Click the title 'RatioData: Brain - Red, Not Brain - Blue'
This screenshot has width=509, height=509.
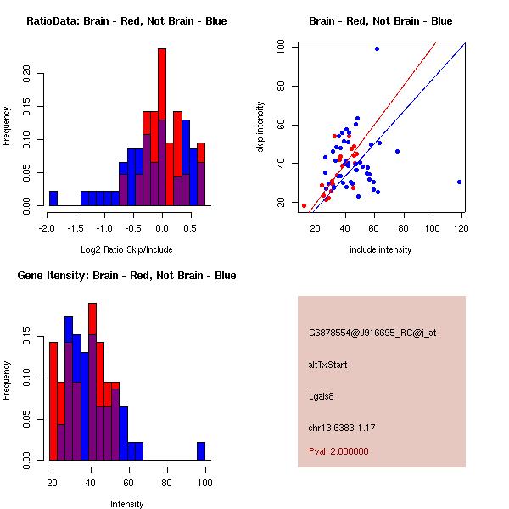click(x=126, y=21)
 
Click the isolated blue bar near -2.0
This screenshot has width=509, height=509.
click(x=53, y=199)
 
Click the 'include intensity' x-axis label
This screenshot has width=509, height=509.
click(x=381, y=249)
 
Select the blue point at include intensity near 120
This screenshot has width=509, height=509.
click(x=459, y=182)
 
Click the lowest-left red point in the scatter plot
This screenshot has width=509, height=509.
click(x=304, y=205)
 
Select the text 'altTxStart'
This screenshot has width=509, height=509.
click(x=328, y=365)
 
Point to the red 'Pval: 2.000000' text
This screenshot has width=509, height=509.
click(x=338, y=451)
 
